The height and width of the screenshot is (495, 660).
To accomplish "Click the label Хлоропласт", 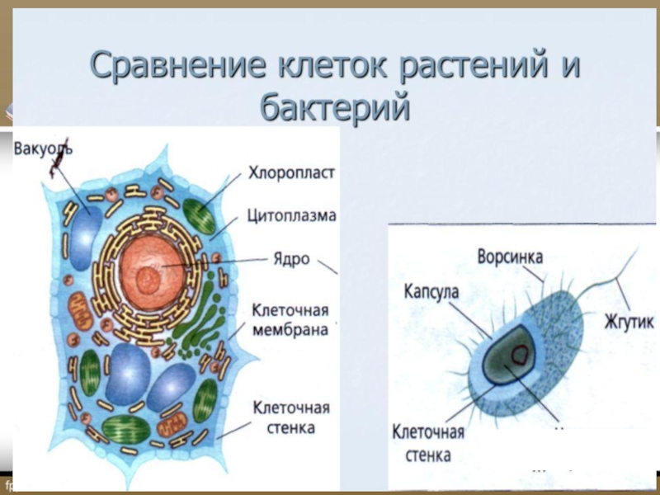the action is click(291, 174).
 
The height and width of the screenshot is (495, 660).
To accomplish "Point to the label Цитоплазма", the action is click(291, 216).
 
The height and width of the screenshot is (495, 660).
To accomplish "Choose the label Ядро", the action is click(291, 258).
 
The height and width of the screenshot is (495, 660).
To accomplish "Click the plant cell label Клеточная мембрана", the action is click(290, 320).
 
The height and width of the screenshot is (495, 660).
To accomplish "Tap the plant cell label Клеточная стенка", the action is click(290, 417).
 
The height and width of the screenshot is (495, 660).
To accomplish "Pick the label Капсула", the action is click(431, 292).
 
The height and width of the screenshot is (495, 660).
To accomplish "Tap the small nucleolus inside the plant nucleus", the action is click(149, 276).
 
